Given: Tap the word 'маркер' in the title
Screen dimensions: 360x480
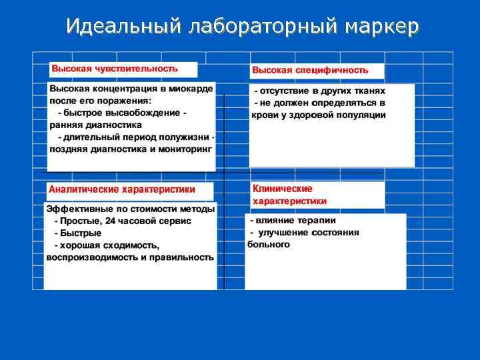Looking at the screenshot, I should pos(383,26).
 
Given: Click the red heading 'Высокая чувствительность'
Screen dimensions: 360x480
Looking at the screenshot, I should pos(115,69).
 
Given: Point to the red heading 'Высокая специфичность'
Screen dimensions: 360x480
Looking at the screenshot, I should pos(310,70).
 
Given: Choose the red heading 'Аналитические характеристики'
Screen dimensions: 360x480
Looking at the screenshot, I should pos(123,189).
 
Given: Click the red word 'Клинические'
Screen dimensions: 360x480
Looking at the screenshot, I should pos(283,189).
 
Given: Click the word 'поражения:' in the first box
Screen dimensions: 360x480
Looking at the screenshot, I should pos(127,101).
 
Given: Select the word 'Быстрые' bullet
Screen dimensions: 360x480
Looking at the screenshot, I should pos(81,233).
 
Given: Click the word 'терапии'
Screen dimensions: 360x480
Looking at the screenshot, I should pos(317,220).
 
